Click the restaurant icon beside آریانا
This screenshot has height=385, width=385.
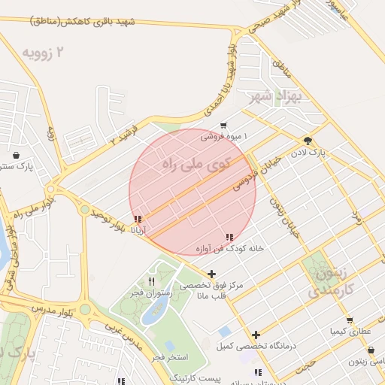tap(137, 220)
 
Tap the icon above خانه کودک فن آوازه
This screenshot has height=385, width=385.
tap(229, 237)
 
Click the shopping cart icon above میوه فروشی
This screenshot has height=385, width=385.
tap(223, 126)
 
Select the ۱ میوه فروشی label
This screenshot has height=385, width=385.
tap(223, 137)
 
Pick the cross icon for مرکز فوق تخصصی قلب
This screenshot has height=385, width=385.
tap(212, 274)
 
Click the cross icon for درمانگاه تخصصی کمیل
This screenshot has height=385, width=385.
tap(256, 335)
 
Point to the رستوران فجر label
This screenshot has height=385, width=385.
tap(152, 292)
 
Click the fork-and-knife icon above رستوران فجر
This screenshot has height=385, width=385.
tap(152, 281)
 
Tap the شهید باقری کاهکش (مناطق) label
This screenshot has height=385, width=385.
tap(83, 22)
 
